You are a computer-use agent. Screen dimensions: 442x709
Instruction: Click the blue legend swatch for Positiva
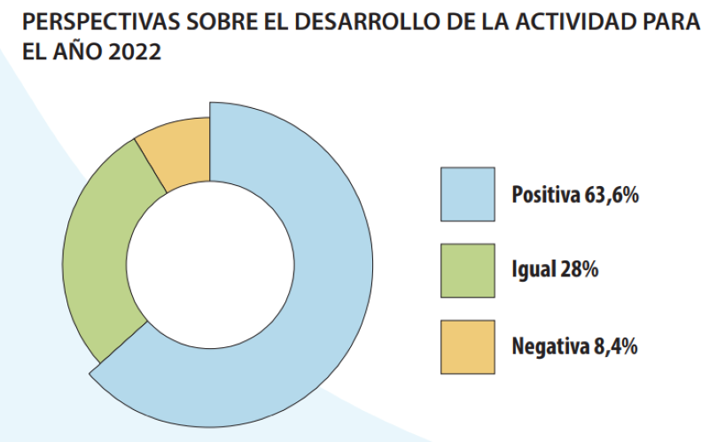pos(467,194)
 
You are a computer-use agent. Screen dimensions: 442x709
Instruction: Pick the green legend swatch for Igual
pos(467,270)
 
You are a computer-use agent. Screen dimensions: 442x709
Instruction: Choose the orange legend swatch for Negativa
pos(467,346)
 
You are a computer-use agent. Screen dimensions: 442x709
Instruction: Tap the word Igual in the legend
pos(533,270)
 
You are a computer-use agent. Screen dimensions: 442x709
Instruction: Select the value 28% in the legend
pos(579,270)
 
